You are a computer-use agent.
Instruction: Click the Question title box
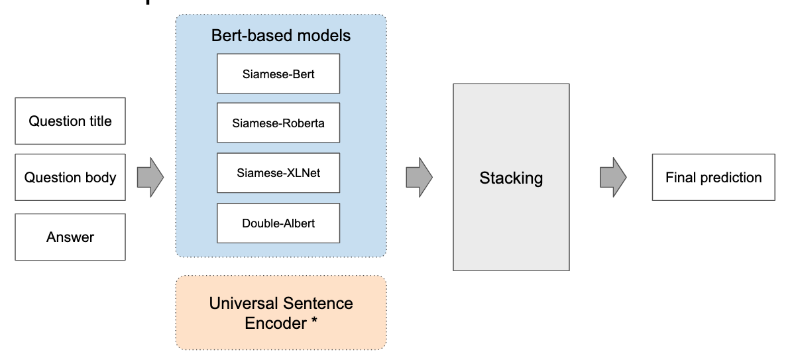[x=70, y=121]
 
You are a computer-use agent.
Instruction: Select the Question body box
[x=70, y=178]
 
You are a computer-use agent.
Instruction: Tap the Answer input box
[x=70, y=237]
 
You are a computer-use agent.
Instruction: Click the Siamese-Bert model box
[x=278, y=74]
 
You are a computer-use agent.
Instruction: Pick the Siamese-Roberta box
[x=278, y=123]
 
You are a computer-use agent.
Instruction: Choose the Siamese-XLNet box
[x=278, y=173]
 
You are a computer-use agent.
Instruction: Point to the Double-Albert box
[x=278, y=223]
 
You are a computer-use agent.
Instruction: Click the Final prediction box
[x=714, y=178]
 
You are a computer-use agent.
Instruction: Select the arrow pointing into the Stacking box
[x=420, y=178]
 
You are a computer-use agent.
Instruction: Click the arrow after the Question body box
[x=150, y=178]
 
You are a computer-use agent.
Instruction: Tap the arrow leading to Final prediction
[x=613, y=178]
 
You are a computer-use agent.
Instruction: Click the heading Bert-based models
[x=281, y=35]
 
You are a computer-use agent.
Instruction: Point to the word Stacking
[x=511, y=178]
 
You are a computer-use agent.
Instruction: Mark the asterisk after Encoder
[x=314, y=321]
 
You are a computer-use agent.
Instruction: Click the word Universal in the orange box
[x=243, y=304]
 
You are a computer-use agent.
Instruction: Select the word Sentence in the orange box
[x=317, y=304]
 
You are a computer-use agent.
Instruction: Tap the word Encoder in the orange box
[x=275, y=323]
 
